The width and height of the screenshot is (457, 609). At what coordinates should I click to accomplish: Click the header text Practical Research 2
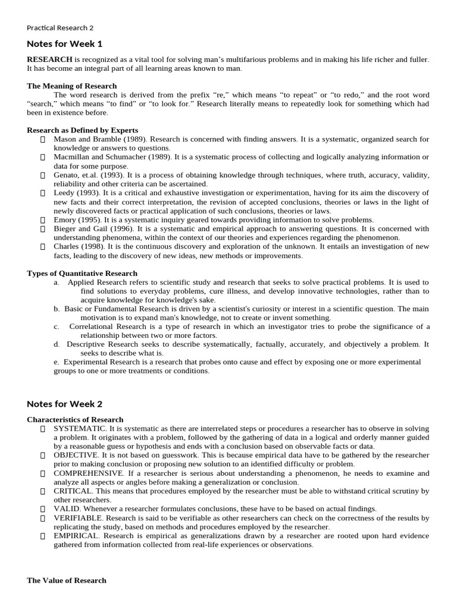point(60,28)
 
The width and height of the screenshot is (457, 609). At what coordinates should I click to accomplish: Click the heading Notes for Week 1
point(64,43)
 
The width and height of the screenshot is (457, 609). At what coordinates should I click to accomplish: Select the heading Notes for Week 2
point(64,404)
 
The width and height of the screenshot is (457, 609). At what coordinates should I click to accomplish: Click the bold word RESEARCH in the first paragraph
point(49,60)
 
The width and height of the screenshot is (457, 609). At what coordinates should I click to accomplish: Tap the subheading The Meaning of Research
point(71,86)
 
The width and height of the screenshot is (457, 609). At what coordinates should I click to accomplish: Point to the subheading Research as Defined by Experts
point(82,130)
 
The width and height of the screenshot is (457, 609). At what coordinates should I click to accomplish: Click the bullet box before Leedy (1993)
point(43,193)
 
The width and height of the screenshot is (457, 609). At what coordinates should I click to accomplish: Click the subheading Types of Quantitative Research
point(82,273)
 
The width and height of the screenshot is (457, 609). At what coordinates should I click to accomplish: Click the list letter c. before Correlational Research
point(57,327)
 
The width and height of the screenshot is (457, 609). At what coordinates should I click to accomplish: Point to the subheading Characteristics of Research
point(75,419)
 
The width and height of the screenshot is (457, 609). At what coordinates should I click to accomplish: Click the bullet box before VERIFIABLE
point(43,518)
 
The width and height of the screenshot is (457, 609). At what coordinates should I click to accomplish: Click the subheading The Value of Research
point(67,580)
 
